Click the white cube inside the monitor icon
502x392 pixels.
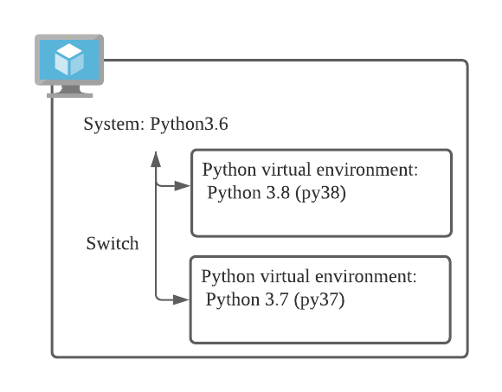point(68,60)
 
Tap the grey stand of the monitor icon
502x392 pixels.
point(69,90)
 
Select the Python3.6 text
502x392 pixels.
point(190,124)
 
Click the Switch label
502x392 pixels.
point(112,243)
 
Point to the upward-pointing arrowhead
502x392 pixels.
point(155,158)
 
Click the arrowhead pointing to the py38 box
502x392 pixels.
point(182,186)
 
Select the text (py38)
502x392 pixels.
point(321,193)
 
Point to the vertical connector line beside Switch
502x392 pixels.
point(155,242)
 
